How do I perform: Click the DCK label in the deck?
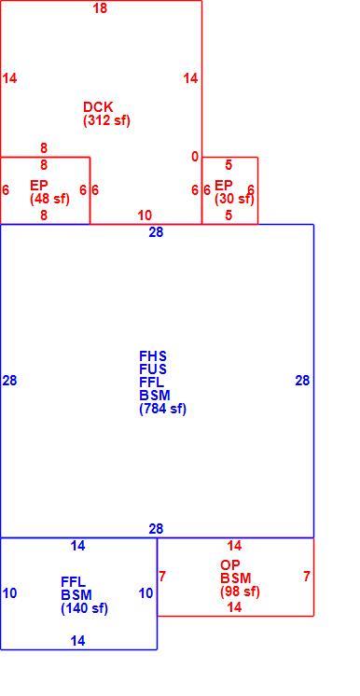98,107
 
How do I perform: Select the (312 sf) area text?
106,120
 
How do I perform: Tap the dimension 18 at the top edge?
100,8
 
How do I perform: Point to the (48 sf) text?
49,199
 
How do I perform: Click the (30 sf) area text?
234,199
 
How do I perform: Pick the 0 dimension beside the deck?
195,157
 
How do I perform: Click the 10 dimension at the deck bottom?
145,216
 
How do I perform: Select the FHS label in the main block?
153,356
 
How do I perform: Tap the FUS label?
153,369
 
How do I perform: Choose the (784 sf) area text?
162,409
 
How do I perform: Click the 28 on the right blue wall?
303,381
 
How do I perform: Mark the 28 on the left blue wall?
9,381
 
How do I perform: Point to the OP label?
230,565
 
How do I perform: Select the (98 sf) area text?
240,592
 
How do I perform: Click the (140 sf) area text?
84,608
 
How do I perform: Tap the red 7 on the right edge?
307,577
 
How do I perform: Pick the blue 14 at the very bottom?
77,641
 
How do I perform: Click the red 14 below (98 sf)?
234,606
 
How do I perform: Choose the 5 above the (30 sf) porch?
228,165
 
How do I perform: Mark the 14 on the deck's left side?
9,78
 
